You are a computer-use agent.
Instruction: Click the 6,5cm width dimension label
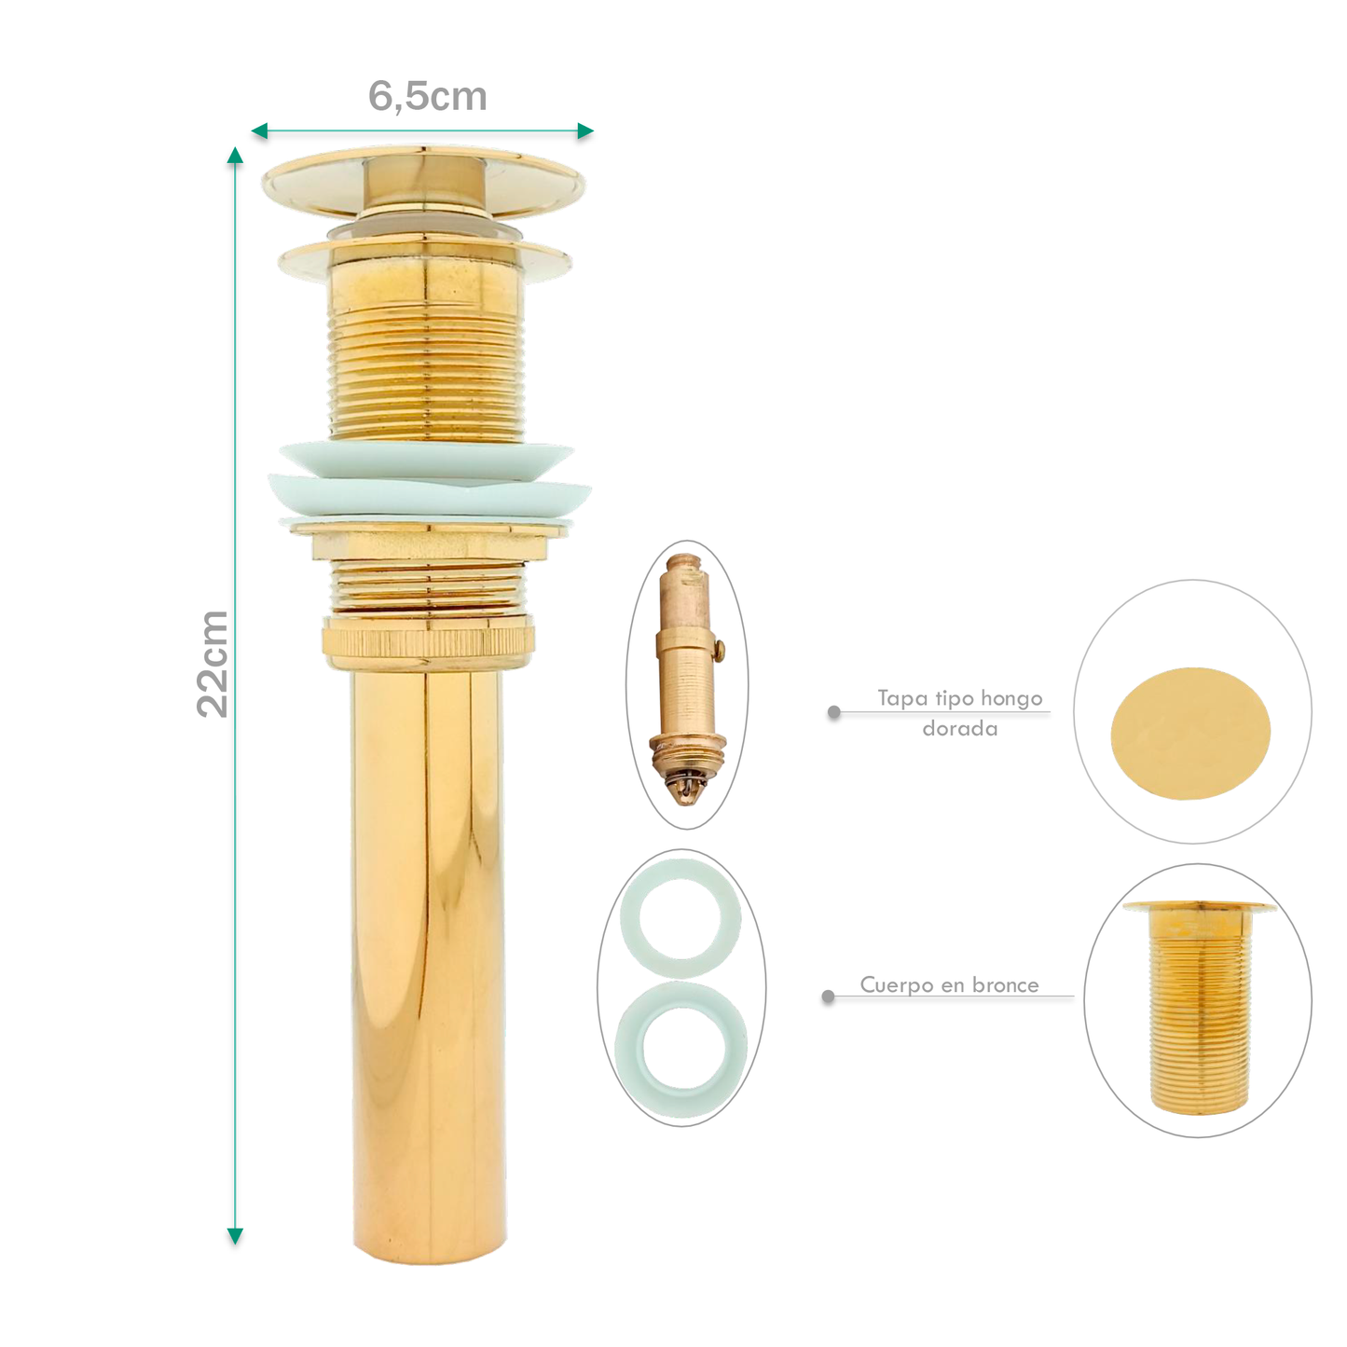(x=427, y=96)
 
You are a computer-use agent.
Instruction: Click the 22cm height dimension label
(x=212, y=664)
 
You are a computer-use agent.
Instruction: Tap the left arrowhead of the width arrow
(x=259, y=131)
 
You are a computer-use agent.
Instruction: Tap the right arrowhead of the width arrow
(x=585, y=131)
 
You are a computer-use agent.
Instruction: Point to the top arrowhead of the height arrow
(x=236, y=155)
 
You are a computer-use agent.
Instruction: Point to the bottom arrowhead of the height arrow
(x=236, y=1236)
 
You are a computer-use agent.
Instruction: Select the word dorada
(x=960, y=729)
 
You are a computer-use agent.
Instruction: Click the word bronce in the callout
(x=1005, y=985)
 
